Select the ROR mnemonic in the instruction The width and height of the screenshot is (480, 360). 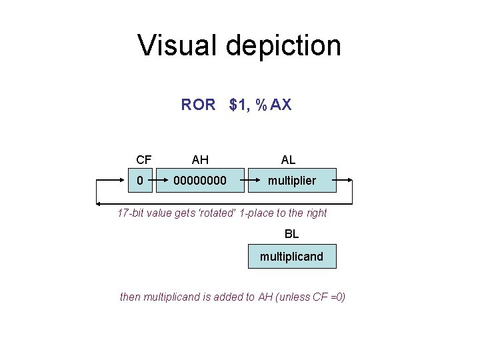click(x=198, y=105)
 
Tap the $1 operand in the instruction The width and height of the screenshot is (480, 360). click(x=238, y=105)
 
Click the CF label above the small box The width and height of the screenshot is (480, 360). click(x=143, y=160)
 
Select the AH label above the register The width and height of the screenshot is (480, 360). click(x=200, y=160)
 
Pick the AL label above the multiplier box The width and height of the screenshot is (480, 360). click(x=289, y=160)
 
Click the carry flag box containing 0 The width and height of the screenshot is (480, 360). click(x=140, y=181)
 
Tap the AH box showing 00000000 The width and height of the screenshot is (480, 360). click(x=200, y=181)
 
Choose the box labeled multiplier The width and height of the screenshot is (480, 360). click(x=292, y=181)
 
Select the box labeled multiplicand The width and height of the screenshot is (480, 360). click(x=292, y=256)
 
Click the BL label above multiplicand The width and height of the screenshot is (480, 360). click(x=292, y=234)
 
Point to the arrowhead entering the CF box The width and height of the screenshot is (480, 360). click(x=124, y=181)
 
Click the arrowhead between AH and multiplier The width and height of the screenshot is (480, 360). click(x=245, y=181)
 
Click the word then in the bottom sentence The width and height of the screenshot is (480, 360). click(x=130, y=297)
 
